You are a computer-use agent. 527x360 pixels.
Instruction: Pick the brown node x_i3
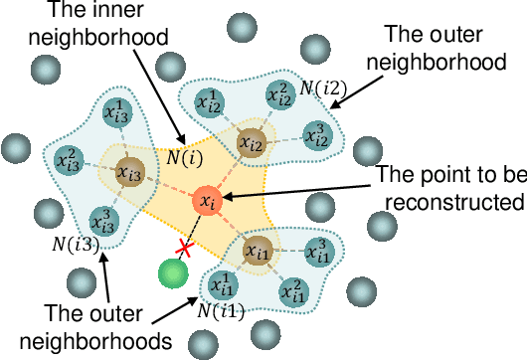[x=128, y=172]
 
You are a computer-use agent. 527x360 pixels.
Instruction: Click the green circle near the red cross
[x=173, y=272]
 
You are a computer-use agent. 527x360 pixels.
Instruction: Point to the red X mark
[x=183, y=247]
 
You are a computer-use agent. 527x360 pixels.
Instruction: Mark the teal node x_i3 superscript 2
[x=69, y=158]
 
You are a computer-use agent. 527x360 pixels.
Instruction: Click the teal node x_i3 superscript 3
[x=101, y=220]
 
